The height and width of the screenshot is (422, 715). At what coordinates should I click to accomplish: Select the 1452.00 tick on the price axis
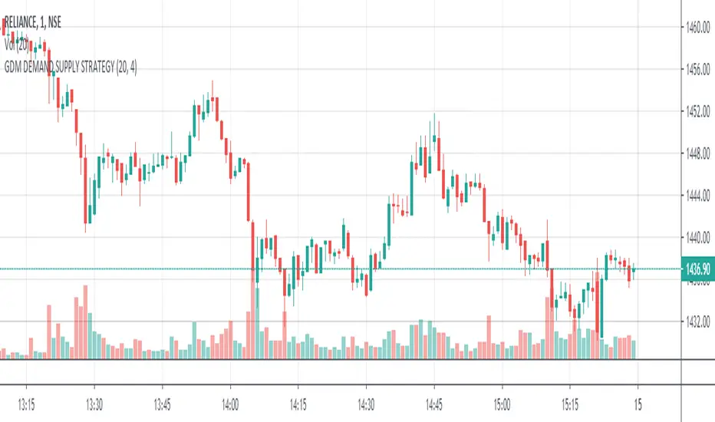click(x=698, y=112)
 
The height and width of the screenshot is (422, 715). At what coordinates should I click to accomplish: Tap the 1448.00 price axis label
click(x=698, y=153)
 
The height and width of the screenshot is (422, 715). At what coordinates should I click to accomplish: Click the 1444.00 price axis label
click(x=698, y=196)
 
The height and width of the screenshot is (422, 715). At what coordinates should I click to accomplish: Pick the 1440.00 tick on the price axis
click(x=698, y=238)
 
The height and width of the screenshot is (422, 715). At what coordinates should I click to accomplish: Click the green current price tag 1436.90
click(x=697, y=269)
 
